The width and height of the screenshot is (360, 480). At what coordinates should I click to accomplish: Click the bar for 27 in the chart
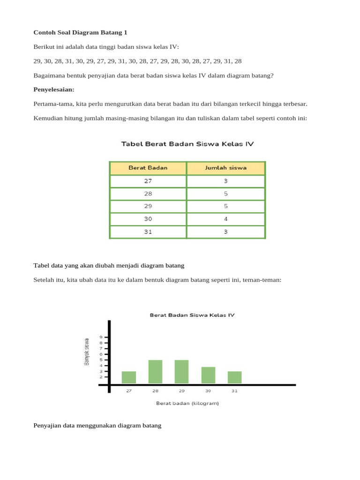129,377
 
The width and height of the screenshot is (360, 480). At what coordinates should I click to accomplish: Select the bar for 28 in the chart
155,372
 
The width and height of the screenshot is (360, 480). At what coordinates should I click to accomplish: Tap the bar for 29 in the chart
181,372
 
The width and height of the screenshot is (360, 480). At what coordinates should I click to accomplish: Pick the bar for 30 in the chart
208,375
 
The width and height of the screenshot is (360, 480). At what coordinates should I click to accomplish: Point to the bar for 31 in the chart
234,377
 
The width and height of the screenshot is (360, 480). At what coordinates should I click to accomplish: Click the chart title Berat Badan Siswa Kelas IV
192,315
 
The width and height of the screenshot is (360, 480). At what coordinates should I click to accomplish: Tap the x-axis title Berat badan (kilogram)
187,403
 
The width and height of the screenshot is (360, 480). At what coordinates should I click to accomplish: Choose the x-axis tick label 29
181,390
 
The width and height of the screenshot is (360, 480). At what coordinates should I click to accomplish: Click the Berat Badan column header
148,168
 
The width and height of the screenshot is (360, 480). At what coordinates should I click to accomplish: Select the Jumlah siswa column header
225,168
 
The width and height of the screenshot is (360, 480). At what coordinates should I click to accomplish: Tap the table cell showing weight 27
148,181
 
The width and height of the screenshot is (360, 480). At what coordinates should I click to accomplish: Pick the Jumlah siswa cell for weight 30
225,219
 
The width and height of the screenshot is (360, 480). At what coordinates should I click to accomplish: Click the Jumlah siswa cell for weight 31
225,232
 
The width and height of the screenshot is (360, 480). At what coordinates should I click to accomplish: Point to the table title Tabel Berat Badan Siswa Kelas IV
187,144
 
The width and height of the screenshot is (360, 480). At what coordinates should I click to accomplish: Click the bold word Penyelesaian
54,89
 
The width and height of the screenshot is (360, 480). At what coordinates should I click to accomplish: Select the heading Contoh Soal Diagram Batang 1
80,32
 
